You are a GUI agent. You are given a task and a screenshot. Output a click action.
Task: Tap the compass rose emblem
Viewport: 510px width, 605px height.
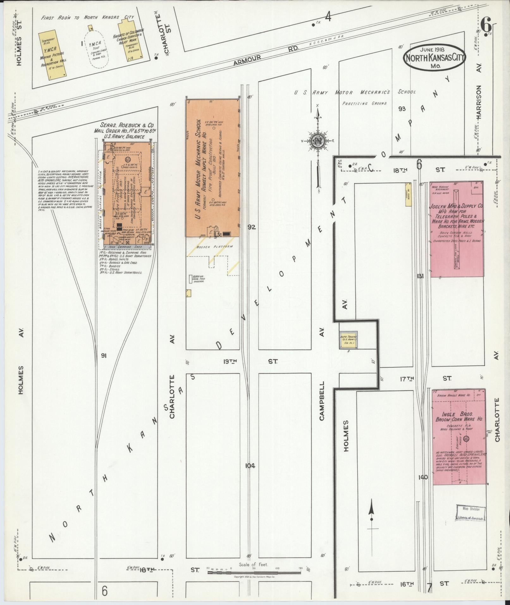point(317,141)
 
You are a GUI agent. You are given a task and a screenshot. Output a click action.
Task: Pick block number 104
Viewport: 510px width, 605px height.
point(250,466)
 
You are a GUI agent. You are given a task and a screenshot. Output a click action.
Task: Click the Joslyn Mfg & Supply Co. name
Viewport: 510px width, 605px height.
point(456,206)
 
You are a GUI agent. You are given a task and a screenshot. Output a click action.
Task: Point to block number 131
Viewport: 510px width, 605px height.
point(420,276)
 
